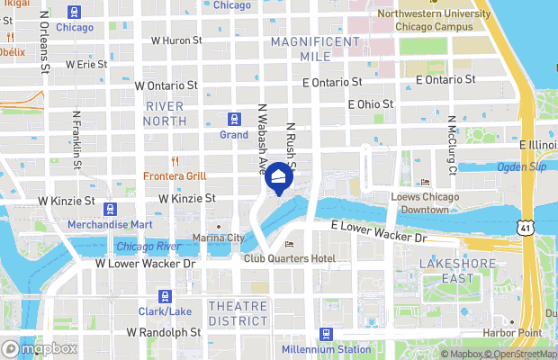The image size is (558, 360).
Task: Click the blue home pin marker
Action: click(279, 178)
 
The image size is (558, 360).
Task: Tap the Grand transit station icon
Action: click(234, 119)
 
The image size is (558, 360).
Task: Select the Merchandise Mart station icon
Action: click(110, 210)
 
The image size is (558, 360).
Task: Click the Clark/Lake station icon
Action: click(165, 296)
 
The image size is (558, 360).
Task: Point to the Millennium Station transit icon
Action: click(326, 334)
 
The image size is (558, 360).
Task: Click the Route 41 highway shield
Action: click(525, 229)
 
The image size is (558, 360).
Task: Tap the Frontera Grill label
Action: click(174, 175)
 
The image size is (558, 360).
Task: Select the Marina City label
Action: click(218, 238)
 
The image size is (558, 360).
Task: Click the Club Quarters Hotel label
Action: click(290, 258)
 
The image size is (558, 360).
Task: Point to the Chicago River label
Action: click(148, 247)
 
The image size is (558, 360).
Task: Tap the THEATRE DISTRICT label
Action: click(238, 313)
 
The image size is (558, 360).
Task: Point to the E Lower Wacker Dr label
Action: click(379, 231)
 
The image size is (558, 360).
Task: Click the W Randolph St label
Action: click(163, 332)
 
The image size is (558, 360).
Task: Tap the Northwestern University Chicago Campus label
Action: click(424, 20)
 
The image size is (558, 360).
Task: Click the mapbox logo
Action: click(40, 348)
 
